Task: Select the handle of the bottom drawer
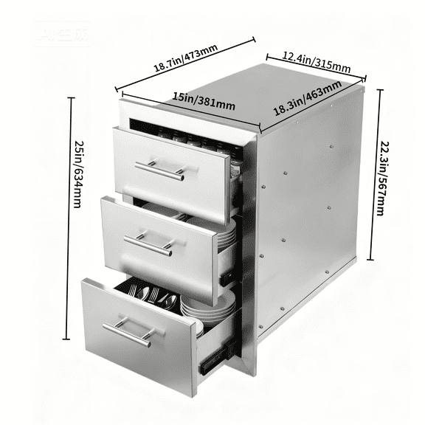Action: (127, 332)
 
